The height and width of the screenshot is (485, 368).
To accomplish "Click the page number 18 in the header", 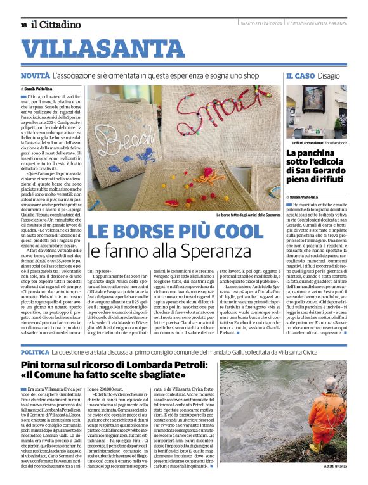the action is click(x=23, y=25).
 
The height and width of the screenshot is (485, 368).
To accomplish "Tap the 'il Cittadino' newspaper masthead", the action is click(x=56, y=25).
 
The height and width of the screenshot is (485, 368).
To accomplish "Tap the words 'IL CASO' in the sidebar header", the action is click(x=298, y=76).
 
